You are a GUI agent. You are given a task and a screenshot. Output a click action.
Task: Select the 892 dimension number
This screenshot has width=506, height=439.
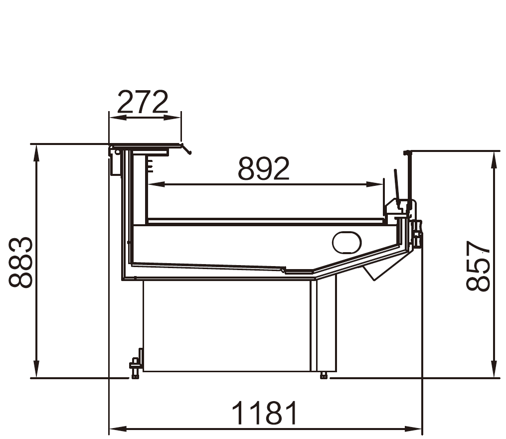(x=264, y=168)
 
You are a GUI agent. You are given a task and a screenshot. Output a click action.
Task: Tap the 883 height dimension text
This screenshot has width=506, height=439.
(x=21, y=262)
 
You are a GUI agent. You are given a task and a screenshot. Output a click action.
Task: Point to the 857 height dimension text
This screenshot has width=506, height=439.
(x=478, y=266)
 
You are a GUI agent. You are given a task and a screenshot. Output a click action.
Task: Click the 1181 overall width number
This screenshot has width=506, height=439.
(x=264, y=413)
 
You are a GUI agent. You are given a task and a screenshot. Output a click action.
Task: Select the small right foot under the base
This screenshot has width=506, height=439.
(x=324, y=375)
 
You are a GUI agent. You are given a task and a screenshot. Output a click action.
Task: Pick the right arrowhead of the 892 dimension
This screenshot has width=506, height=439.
(x=375, y=184)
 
